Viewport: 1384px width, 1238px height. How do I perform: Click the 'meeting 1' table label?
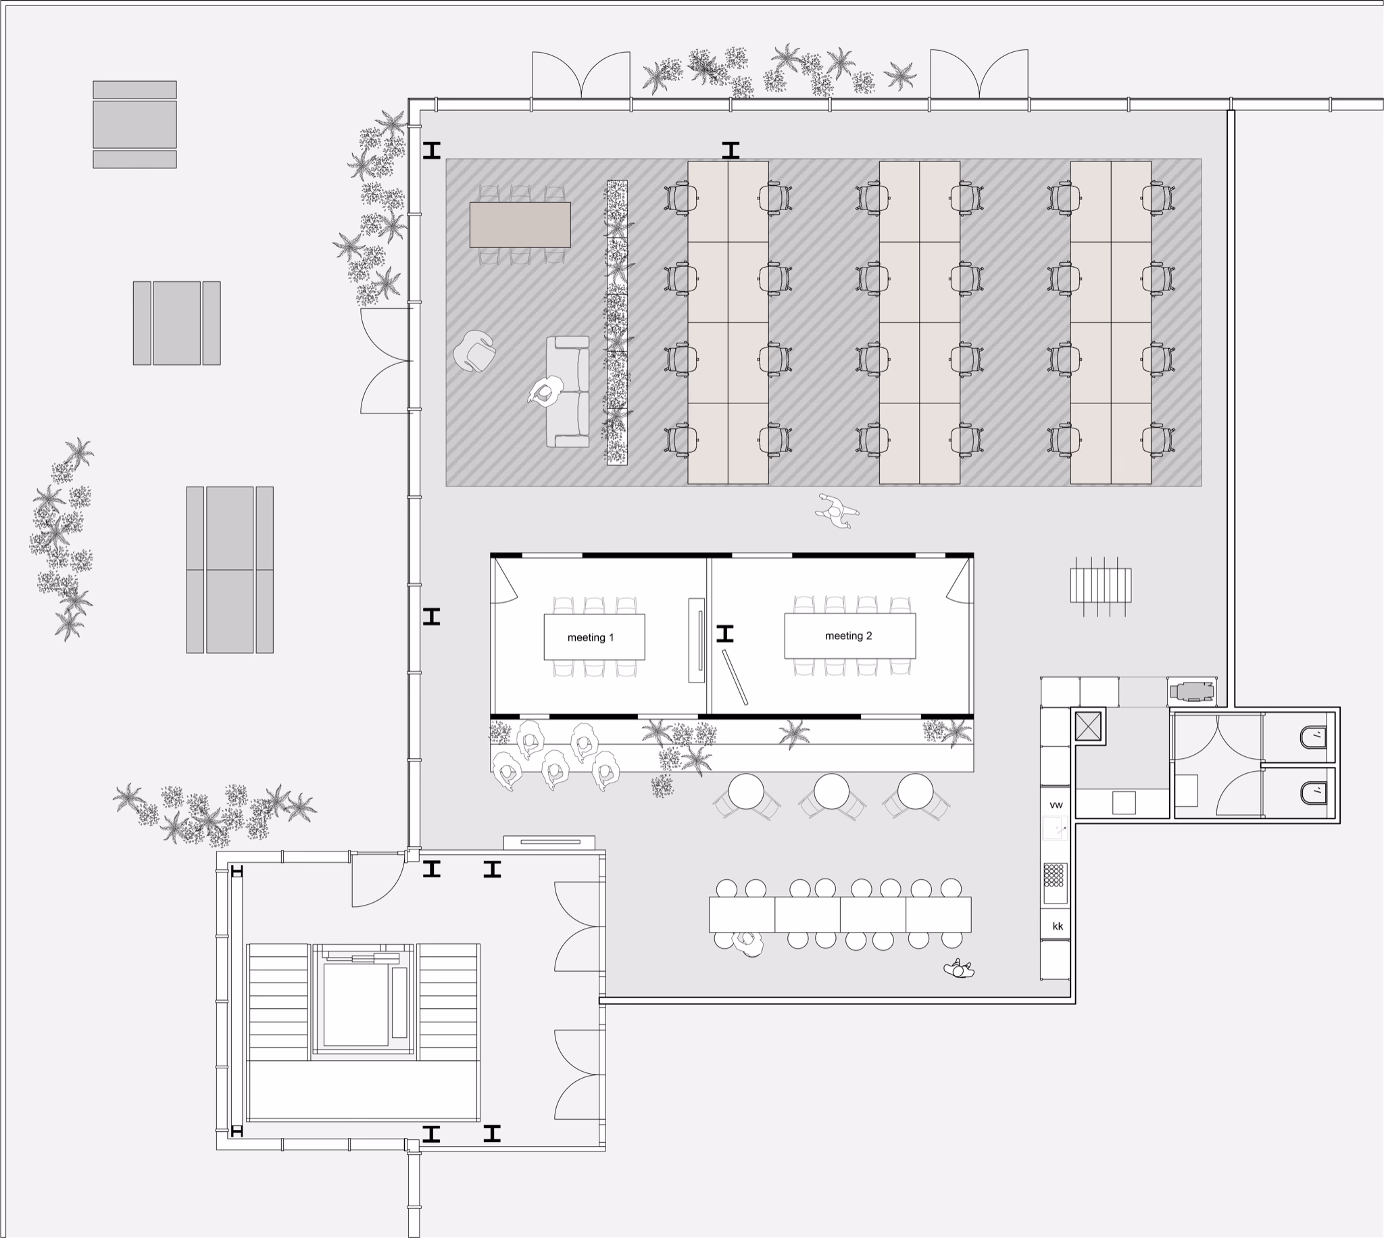(591, 637)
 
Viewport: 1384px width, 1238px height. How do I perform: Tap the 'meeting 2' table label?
(848, 635)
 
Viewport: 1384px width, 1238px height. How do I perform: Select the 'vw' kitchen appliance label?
(1056, 805)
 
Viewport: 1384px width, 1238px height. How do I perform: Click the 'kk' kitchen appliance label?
(1057, 926)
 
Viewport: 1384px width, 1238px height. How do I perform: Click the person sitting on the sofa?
(544, 393)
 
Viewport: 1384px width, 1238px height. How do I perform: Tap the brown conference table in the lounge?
(520, 224)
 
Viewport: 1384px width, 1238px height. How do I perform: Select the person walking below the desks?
(837, 510)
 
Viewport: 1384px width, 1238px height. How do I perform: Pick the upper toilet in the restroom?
(1313, 737)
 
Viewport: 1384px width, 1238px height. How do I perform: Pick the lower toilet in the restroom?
(1313, 792)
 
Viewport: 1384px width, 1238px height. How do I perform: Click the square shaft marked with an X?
(1087, 726)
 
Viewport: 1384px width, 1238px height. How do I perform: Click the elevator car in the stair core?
(355, 1006)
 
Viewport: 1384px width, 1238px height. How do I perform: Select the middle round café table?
(831, 791)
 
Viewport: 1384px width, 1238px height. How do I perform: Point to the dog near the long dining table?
(959, 969)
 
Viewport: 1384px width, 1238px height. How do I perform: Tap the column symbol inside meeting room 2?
(725, 633)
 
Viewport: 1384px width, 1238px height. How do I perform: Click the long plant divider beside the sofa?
(616, 322)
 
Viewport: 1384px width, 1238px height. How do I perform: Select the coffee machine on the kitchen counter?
(1191, 692)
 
